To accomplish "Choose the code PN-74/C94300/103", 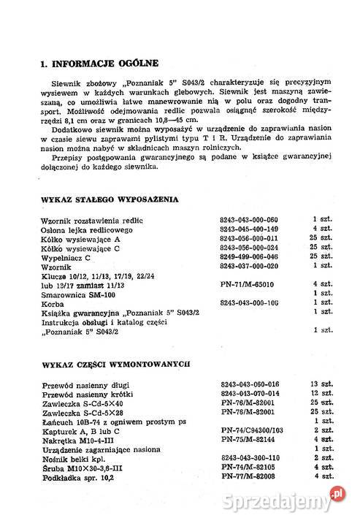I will pyautogui.click(x=250, y=430).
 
